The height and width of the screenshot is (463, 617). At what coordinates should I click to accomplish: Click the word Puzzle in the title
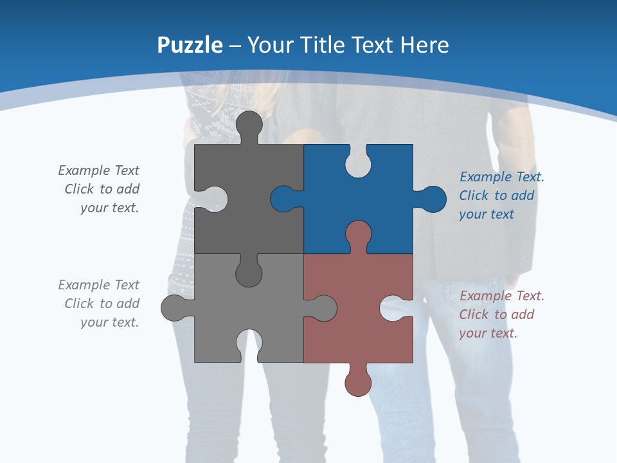click(x=190, y=46)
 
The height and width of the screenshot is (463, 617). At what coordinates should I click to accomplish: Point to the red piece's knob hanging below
click(x=358, y=382)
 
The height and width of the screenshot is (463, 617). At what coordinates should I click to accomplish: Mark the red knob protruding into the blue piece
click(x=358, y=235)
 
